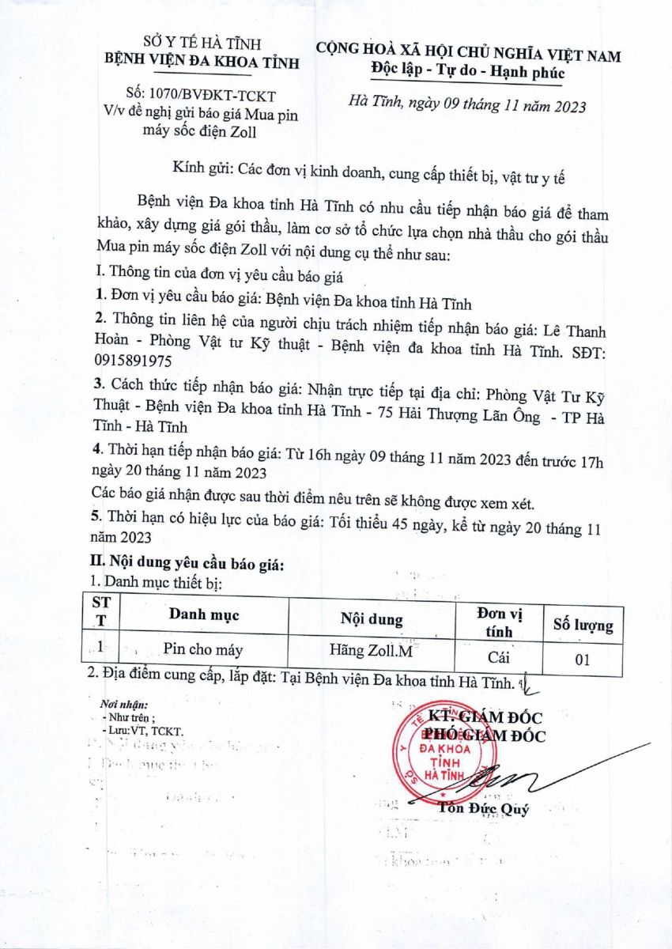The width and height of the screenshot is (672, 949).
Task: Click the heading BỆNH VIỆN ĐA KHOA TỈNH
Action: (x=202, y=62)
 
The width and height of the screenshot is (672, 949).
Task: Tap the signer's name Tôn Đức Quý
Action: (x=483, y=808)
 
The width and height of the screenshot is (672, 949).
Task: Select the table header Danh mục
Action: (x=203, y=614)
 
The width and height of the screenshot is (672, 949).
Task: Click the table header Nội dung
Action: (x=371, y=619)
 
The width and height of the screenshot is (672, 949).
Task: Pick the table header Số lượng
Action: (x=583, y=625)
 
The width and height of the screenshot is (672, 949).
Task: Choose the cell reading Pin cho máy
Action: (x=202, y=650)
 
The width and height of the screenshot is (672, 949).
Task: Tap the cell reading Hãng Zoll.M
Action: (x=372, y=652)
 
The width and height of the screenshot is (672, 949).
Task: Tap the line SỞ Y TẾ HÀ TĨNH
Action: (x=202, y=43)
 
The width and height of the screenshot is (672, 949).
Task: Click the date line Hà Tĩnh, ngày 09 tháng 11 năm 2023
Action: (x=467, y=106)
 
